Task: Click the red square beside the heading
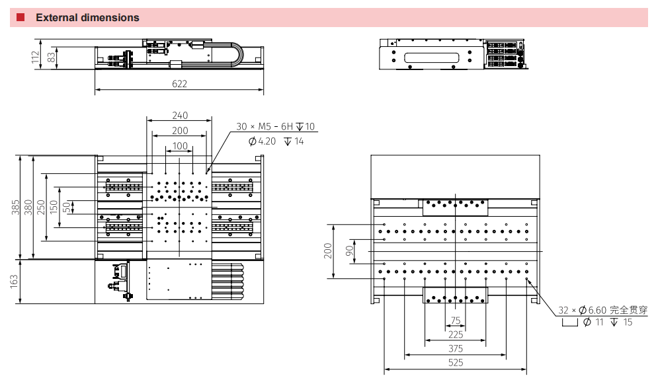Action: point(21,17)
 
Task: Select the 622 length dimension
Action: point(180,84)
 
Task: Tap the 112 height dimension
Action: point(35,57)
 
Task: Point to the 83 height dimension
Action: point(51,57)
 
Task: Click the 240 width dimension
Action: point(180,115)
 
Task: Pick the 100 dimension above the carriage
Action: point(180,146)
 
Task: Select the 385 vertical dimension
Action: point(15,207)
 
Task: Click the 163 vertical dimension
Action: point(15,281)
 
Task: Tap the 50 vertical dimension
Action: point(67,207)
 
